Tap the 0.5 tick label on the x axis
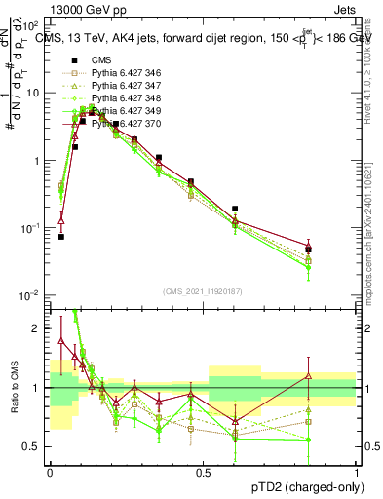tap(203, 471)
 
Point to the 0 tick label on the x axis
tap(50, 471)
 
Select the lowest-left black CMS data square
tap(60, 236)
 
